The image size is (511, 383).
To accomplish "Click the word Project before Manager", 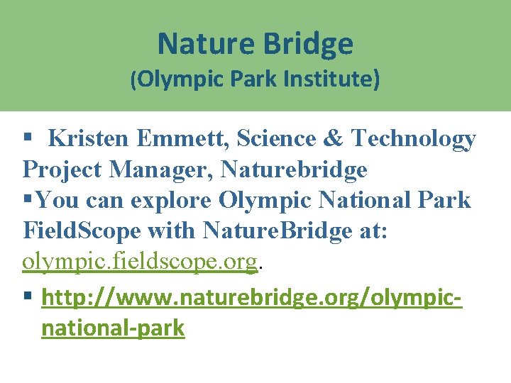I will pyautogui.click(x=62, y=170).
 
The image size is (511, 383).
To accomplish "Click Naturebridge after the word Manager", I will pyautogui.click(x=294, y=170).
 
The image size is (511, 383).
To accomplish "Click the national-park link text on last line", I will pyautogui.click(x=113, y=328).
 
